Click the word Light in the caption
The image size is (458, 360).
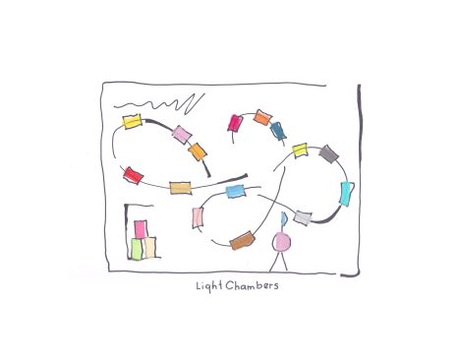pos(209,286)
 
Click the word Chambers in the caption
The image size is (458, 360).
pos(252,285)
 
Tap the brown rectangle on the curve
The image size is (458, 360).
pos(243,241)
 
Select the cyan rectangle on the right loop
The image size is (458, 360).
pos(347,194)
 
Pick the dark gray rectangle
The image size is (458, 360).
pos(328,153)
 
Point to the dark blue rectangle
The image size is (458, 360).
pos(278,131)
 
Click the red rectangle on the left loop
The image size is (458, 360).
pos(133,175)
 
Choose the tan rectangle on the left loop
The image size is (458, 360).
pos(181,188)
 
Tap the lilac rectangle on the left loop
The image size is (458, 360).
pos(182,135)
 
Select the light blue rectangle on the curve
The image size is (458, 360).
pos(236,191)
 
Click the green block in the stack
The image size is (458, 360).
pos(137,249)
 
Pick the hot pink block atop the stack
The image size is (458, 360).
pos(141,229)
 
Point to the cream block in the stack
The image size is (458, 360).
pos(149,248)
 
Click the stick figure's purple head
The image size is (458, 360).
pos(281,242)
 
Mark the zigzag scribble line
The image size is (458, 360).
pos(160,104)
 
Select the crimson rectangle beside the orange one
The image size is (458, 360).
pos(236,123)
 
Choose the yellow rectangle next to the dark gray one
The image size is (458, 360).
pos(300,150)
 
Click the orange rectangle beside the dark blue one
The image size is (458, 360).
pos(262,117)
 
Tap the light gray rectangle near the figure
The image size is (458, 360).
pos(303,218)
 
